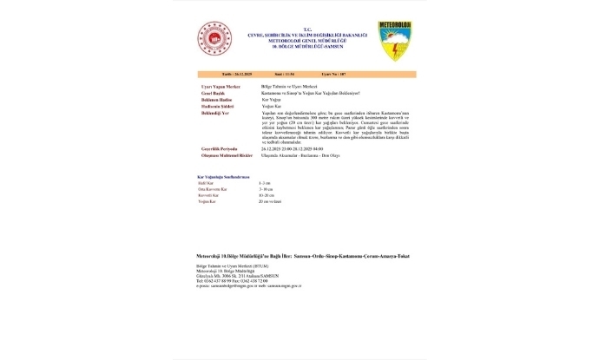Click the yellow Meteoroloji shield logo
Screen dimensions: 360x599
pyautogui.click(x=395, y=41)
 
